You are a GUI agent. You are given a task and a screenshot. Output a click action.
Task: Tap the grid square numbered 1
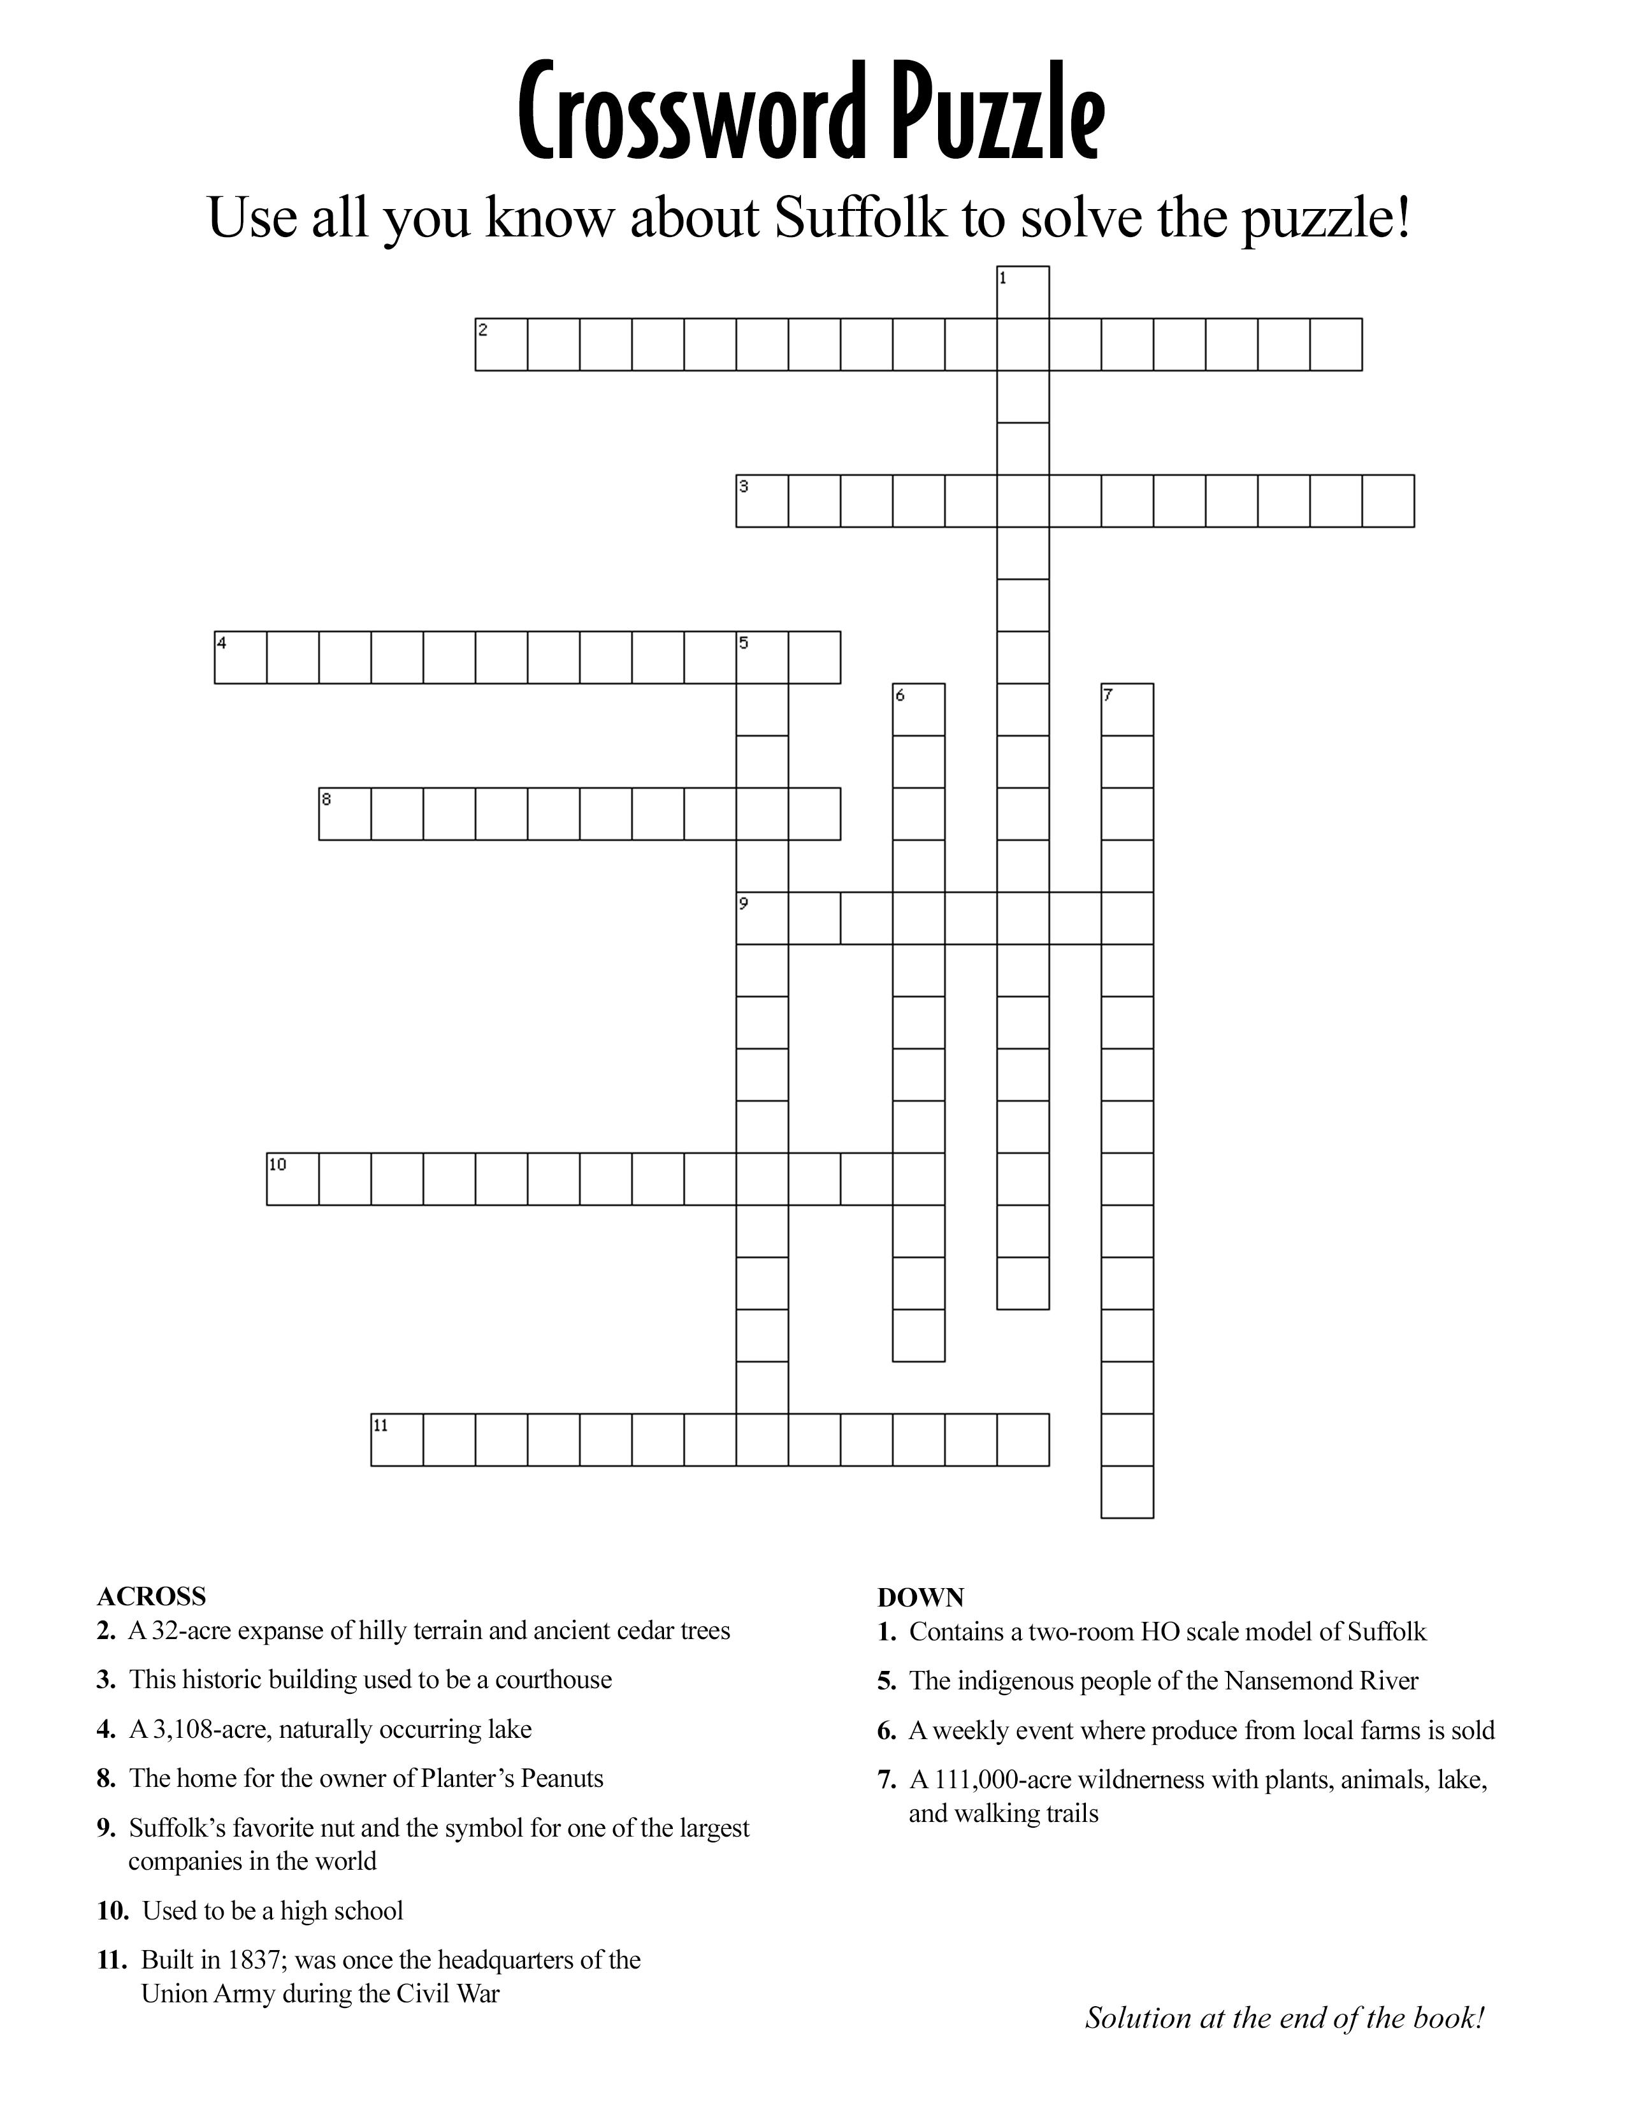[x=1022, y=292]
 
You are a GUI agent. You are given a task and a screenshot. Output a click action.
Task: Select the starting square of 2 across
[x=502, y=343]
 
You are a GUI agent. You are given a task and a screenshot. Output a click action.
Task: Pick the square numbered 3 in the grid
[x=762, y=501]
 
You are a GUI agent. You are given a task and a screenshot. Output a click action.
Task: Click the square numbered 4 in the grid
[x=241, y=656]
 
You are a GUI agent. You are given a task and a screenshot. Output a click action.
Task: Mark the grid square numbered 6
[x=918, y=710]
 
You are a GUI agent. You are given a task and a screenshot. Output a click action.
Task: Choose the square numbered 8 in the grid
[x=345, y=814]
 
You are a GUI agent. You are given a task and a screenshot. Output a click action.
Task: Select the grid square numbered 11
[x=396, y=1440]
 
